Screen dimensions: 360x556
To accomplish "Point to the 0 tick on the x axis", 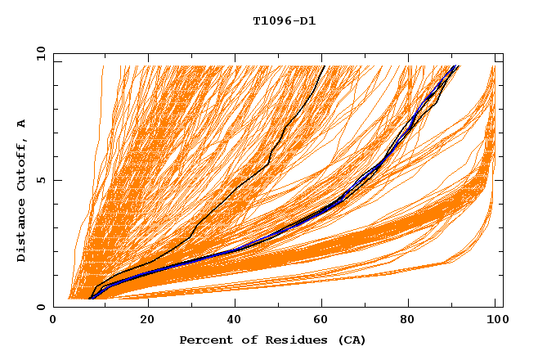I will click(53, 321).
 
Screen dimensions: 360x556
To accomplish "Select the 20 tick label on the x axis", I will click(147, 321).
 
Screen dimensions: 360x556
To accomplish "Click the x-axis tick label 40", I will click(235, 321).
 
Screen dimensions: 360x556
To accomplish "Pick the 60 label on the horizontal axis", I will click(325, 321).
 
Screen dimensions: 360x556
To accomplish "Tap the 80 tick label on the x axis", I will click(413, 321).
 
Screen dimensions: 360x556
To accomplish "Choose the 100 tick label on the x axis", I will click(495, 321).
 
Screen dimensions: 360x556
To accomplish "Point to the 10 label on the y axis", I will click(39, 53).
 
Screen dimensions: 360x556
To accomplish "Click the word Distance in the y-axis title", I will click(21, 232).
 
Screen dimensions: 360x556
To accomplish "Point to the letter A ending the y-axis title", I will click(21, 124).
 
